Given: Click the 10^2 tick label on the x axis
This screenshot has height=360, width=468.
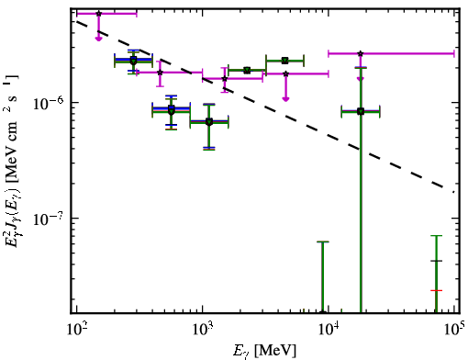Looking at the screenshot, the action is point(76,330).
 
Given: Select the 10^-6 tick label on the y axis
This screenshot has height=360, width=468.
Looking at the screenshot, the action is point(48,103).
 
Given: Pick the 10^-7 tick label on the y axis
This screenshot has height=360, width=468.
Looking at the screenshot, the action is point(48,219).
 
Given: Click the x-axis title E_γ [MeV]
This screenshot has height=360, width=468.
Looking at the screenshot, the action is point(264,351).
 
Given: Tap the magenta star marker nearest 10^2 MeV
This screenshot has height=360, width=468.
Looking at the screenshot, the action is point(98,14).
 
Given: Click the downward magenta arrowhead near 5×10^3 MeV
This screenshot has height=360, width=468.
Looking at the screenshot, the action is point(285,98).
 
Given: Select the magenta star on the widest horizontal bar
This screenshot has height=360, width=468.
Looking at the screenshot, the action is point(361,53).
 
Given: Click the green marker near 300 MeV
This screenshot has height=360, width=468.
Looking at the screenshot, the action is point(133,61).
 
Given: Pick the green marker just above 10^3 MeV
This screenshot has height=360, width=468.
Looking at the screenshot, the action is point(209,122).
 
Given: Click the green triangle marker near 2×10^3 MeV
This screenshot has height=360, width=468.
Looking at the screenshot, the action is point(247,71).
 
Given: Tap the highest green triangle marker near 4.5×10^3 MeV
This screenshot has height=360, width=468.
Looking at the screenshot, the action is point(285,61).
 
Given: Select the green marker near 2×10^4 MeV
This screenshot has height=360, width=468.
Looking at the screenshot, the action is point(361,111).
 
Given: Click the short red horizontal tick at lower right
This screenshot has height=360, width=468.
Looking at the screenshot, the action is point(436,290).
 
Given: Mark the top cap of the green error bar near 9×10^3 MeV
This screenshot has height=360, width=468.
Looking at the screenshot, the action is point(322,242).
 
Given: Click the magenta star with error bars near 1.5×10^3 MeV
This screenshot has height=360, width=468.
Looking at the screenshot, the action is point(225,79).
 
